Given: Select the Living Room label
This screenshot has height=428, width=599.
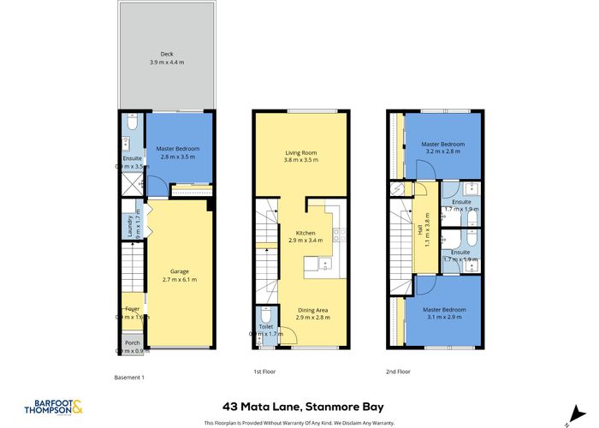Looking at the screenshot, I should tap(300, 154).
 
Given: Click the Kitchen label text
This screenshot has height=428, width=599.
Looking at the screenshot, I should tap(305, 233).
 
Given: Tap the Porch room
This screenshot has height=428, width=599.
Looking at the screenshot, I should tap(132, 342).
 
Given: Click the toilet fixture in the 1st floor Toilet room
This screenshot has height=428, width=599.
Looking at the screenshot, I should tap(265, 315).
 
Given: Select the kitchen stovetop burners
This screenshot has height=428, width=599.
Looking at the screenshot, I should tap(337, 233).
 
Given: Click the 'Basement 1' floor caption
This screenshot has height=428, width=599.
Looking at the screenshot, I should tap(130, 377).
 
